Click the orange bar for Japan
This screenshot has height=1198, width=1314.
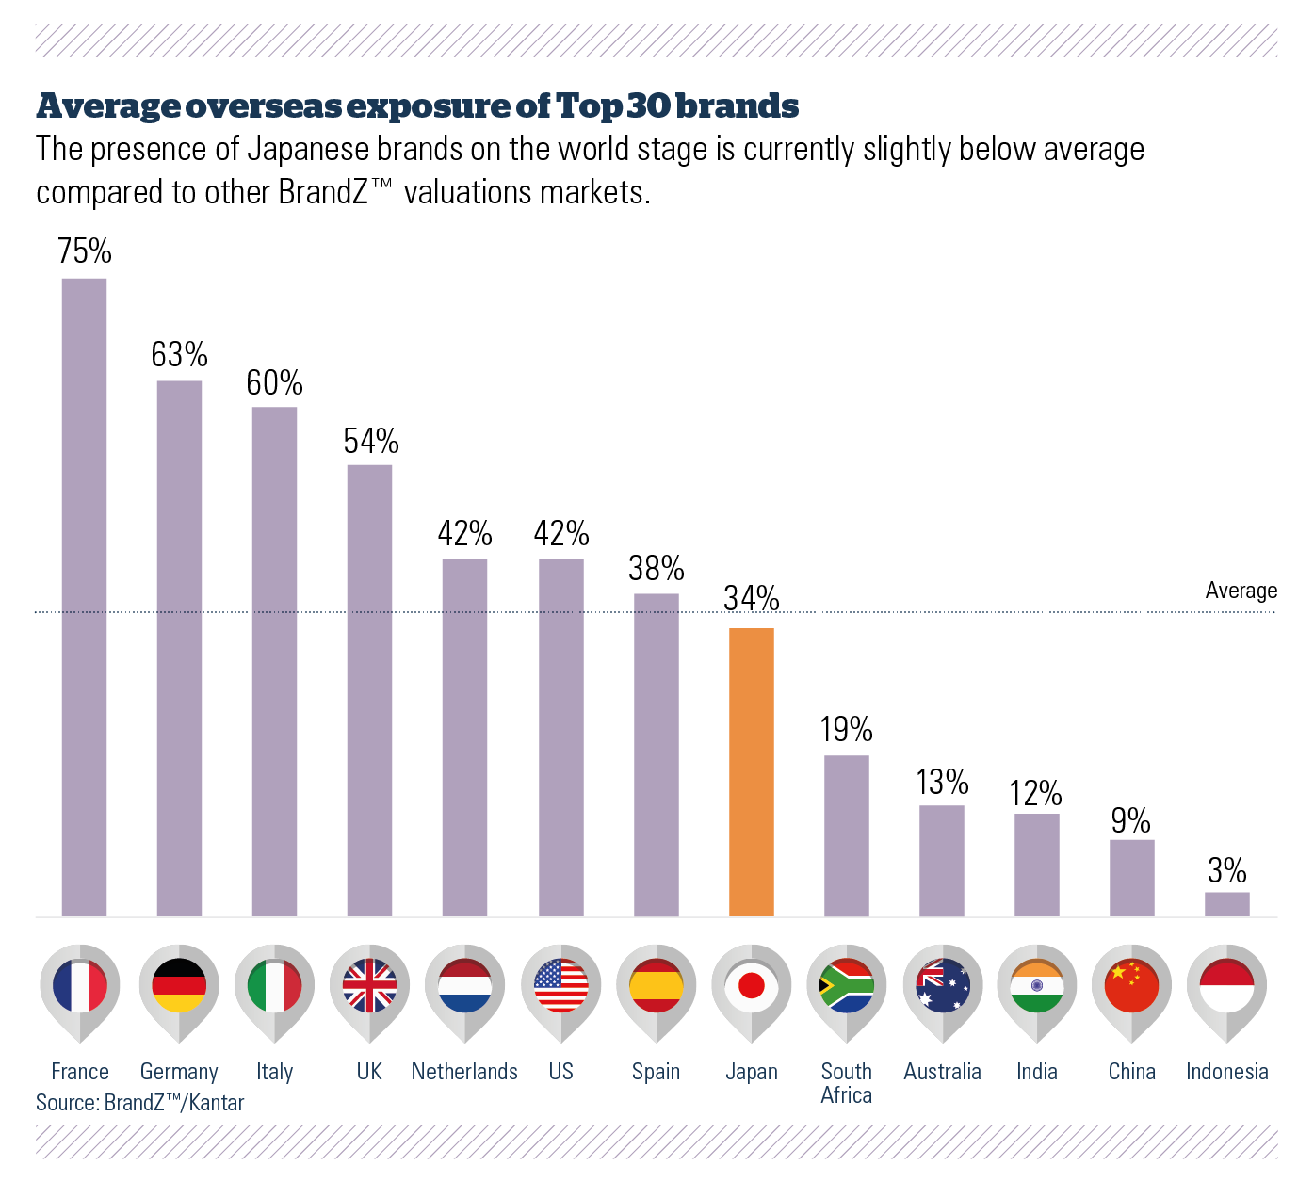[x=751, y=771]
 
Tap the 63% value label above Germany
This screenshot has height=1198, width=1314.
[x=179, y=355]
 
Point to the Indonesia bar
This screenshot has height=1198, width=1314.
[x=1226, y=904]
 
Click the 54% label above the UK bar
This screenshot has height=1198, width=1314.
[x=370, y=441]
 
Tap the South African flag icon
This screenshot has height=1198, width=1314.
[x=846, y=986]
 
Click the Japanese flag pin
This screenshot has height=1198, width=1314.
[x=751, y=986]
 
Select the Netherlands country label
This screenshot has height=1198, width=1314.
[x=464, y=1072]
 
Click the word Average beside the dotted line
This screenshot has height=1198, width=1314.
[x=1241, y=591]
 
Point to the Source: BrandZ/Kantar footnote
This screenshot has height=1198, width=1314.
[x=139, y=1103]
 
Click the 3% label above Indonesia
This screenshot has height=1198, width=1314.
[x=1226, y=870]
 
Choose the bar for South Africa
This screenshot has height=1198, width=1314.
[x=846, y=835]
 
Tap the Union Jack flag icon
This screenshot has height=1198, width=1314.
[x=369, y=986]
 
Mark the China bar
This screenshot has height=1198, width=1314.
[x=1131, y=878]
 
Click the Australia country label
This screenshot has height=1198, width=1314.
[x=942, y=1072]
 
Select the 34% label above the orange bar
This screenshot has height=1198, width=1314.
[x=751, y=598]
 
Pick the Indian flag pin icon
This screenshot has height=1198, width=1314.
[x=1036, y=986]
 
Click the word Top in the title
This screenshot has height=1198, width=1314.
[x=589, y=106]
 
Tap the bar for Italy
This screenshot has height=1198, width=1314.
[x=274, y=661]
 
